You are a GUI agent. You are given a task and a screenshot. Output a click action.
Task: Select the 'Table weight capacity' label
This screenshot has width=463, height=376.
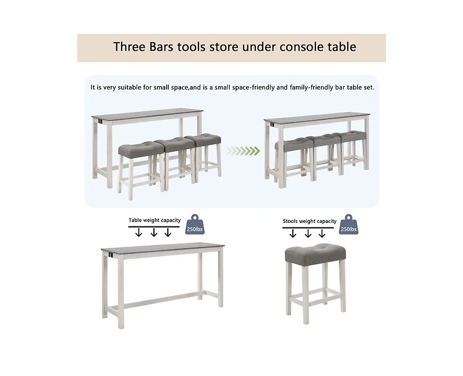pyautogui.click(x=155, y=220)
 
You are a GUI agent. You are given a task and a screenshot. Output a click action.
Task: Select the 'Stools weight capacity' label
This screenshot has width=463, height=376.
pyautogui.click(x=310, y=221)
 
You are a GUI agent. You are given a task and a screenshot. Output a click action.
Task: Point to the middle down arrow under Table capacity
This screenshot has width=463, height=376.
pyautogui.click(x=154, y=232)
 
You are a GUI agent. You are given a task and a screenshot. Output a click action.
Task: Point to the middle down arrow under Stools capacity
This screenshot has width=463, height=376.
pyautogui.click(x=308, y=233)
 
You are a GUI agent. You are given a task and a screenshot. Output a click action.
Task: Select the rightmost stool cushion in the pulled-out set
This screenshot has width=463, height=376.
pyautogui.click(x=203, y=142)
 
